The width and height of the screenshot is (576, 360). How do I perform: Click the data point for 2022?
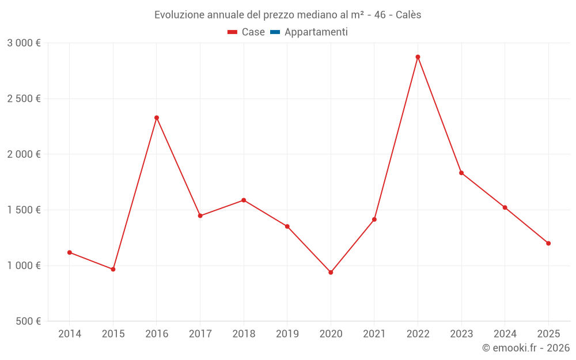[418, 57]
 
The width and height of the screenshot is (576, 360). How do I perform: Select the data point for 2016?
[157, 118]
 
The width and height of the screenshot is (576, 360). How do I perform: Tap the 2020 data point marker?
[331, 272]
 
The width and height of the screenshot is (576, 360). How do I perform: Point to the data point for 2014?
[70, 252]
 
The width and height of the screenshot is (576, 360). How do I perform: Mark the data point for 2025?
[548, 243]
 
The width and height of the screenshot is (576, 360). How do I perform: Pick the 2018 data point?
[244, 200]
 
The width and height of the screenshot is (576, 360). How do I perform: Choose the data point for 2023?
[461, 173]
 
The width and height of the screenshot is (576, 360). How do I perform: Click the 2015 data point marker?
[113, 269]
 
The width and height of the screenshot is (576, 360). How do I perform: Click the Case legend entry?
[247, 32]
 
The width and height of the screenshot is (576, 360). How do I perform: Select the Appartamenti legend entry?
[309, 32]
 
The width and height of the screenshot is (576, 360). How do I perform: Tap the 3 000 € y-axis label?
[24, 43]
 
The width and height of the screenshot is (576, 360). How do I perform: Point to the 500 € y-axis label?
[28, 321]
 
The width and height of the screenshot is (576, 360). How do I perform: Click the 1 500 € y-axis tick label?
[24, 210]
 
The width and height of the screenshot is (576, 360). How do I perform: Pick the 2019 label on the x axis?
[287, 334]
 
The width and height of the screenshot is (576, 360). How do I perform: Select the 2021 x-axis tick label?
[374, 334]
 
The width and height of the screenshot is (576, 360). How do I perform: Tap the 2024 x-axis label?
[505, 334]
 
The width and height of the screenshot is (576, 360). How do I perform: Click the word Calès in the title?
[408, 15]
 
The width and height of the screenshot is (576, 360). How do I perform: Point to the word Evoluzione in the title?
[176, 15]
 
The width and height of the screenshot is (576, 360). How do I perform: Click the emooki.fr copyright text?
[526, 348]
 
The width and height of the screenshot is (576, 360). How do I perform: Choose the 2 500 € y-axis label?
[24, 99]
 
